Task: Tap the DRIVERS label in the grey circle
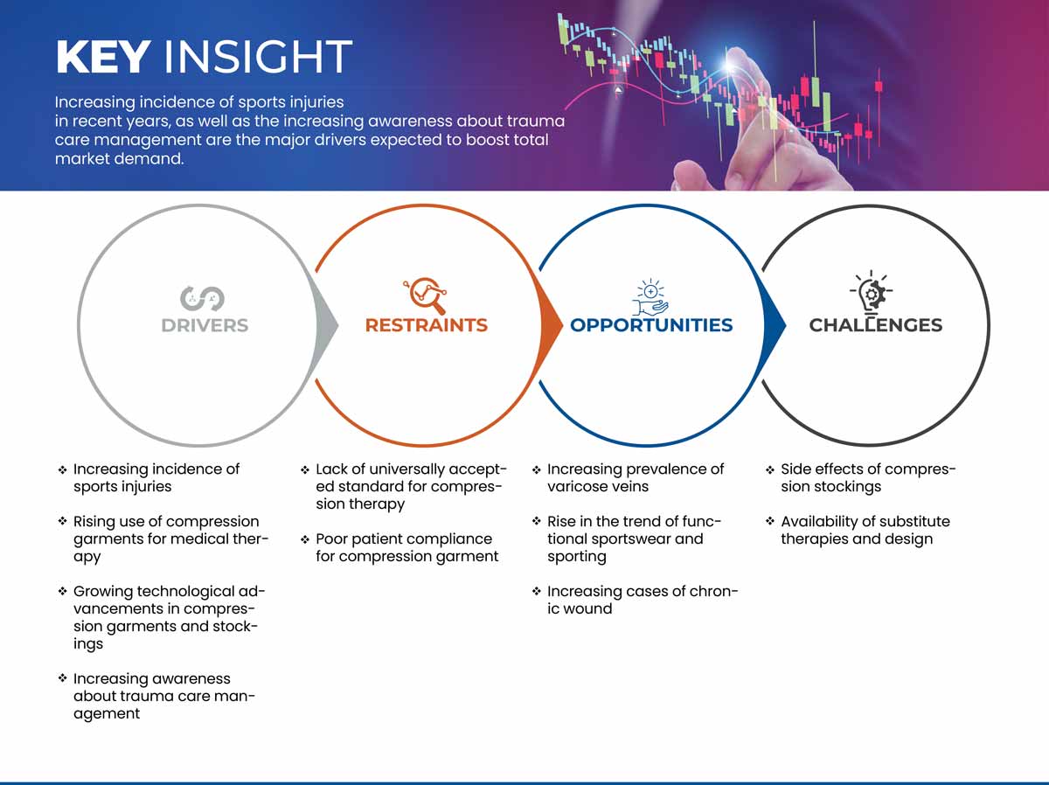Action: [205, 325]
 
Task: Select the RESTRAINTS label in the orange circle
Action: [427, 325]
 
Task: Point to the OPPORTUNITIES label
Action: [651, 325]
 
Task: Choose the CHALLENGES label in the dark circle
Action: [876, 325]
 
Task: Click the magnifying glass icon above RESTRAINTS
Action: [426, 295]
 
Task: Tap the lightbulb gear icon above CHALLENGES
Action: [872, 291]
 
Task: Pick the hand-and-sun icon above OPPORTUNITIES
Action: [650, 297]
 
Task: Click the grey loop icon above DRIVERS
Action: [202, 298]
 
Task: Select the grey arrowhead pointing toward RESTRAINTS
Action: [326, 325]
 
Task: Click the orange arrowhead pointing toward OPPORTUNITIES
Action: [550, 325]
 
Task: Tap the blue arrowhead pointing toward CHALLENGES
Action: [774, 325]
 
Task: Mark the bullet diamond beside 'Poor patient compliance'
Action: [305, 540]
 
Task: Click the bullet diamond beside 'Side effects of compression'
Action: [769, 470]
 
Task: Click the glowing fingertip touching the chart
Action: [731, 65]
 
